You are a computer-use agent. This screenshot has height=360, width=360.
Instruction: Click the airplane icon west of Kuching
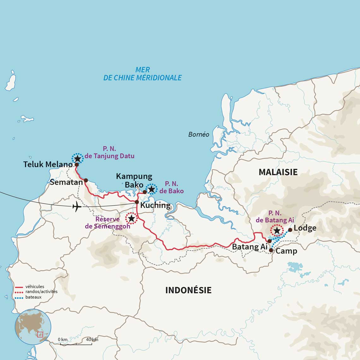point(77,207)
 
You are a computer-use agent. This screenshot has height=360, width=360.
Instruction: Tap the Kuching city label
point(155,205)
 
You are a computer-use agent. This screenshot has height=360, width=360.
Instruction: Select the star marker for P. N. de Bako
point(152,189)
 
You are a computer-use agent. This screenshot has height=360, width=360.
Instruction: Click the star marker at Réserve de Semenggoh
point(131,218)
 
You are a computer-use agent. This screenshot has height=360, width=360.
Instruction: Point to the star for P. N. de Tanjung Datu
point(77,158)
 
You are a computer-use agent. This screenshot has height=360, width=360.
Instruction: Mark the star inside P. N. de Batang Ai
point(277,231)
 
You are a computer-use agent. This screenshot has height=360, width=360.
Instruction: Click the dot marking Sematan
point(86,180)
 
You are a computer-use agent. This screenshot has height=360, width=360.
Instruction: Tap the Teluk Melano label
point(48,164)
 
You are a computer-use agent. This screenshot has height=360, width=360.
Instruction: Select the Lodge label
point(305,228)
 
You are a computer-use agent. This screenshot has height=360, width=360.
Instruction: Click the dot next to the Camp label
point(271,250)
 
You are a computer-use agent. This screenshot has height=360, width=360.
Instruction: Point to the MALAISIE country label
point(278,172)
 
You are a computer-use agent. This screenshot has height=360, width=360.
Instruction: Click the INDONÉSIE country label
point(188,290)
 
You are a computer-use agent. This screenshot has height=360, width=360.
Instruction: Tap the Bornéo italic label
point(199,135)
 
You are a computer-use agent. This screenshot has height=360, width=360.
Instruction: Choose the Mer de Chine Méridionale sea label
point(142,74)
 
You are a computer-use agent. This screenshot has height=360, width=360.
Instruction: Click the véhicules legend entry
point(34,287)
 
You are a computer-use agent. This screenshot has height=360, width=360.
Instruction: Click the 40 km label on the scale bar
point(92,339)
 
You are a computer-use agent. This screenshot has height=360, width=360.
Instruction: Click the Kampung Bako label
point(134,180)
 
